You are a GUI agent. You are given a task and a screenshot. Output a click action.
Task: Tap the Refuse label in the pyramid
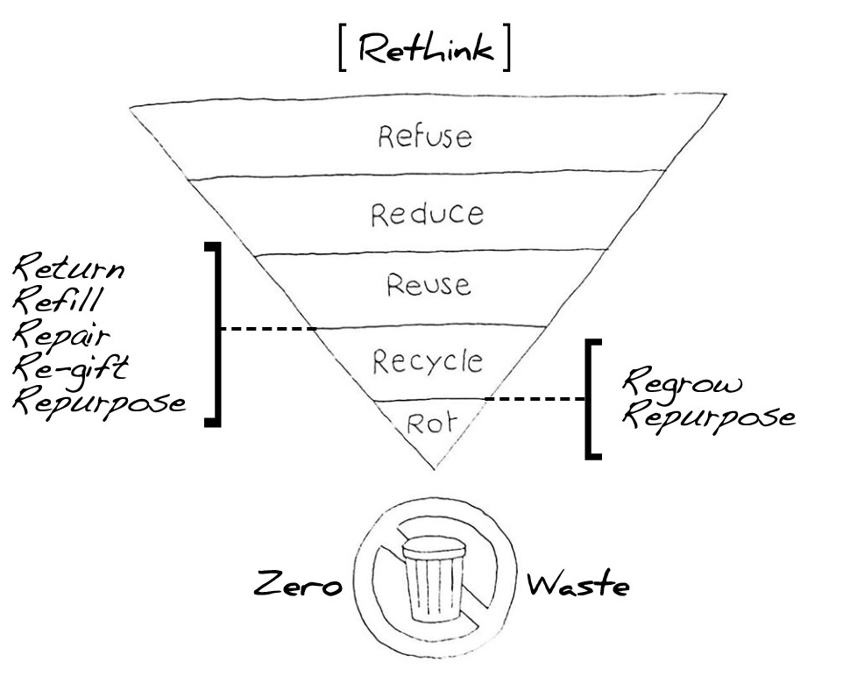pos(425,136)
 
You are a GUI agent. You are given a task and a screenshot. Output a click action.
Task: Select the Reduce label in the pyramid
pos(427,214)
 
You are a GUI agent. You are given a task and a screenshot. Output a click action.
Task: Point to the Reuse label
pos(428,284)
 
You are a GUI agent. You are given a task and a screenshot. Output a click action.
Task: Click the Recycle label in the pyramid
pos(428,360)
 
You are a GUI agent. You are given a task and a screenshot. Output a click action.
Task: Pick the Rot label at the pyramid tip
pos(431,424)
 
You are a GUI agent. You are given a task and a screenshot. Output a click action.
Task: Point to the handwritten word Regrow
pos(682,383)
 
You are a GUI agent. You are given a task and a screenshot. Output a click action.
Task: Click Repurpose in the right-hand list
pos(708,417)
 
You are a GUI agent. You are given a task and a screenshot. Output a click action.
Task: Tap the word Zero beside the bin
pos(297,584)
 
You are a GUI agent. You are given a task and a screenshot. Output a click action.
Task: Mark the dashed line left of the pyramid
pos(267,329)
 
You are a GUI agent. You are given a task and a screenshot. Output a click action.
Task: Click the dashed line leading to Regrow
pos(535,399)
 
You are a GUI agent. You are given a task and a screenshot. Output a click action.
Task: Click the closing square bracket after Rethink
pos(506,51)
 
